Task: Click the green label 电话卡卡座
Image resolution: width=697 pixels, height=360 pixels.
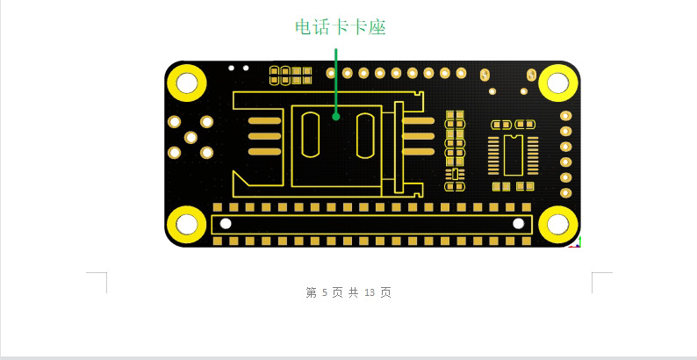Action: (x=341, y=27)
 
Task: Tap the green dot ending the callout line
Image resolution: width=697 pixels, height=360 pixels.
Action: (x=336, y=117)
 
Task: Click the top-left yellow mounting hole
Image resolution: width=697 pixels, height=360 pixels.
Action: (x=187, y=83)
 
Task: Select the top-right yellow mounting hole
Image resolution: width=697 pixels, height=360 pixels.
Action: (x=558, y=83)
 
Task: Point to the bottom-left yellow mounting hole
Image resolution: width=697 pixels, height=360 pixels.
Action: (x=187, y=225)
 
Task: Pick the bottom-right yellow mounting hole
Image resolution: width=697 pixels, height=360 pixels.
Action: (x=558, y=225)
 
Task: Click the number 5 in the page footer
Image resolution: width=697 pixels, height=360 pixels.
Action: (x=325, y=292)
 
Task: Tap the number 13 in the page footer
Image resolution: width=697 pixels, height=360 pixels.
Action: (x=370, y=292)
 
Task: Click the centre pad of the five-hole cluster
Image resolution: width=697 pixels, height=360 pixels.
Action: (x=190, y=137)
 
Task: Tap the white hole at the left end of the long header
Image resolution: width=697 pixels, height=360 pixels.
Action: (x=226, y=224)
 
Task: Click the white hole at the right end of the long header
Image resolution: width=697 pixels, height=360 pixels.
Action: (x=518, y=224)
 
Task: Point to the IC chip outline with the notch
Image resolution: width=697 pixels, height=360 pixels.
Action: (x=514, y=155)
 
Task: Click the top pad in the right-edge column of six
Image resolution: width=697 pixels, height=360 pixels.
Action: (x=565, y=116)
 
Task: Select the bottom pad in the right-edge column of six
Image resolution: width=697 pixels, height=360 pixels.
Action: (x=565, y=193)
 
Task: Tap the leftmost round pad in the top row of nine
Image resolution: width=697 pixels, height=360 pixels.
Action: (x=331, y=73)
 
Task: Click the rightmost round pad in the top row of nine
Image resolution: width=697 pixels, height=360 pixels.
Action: (x=462, y=73)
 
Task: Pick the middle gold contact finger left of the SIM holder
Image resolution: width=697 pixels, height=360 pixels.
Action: (x=264, y=136)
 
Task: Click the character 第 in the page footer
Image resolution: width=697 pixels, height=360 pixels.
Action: (x=311, y=292)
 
